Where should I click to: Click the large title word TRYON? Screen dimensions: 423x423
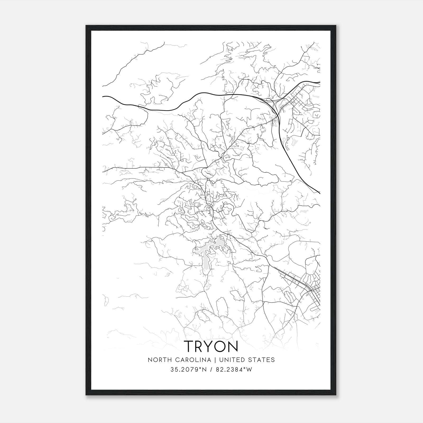(211, 346)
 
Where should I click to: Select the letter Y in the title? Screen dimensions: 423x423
(210, 346)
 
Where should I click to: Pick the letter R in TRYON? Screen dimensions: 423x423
(200, 346)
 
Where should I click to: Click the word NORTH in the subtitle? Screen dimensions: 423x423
(158, 360)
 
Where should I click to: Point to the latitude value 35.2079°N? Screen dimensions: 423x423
(188, 370)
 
